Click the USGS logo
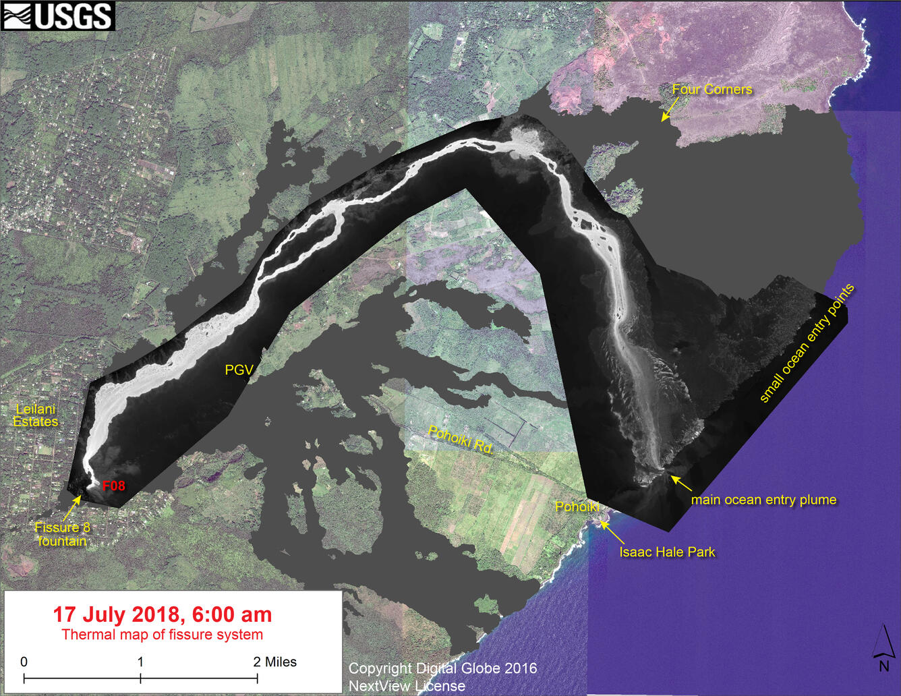pos(58,16)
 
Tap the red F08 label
pos(113,485)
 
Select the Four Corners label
pos(711,89)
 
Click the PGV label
pos(239,370)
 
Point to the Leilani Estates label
pos(36,415)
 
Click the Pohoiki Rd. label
pos(462,442)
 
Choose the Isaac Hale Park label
pos(667,552)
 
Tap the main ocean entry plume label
pos(763,500)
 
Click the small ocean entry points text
pos(807,343)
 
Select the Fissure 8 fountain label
pos(62,534)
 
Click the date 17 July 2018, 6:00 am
pos(163,614)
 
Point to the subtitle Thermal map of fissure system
pos(163,635)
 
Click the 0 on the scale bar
pos(24,662)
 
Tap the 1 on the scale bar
pos(140,662)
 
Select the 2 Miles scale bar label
pos(275,662)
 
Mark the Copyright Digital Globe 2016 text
pos(442,668)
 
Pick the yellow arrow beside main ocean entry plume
pos(680,483)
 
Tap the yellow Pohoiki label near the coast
pos(577,506)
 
